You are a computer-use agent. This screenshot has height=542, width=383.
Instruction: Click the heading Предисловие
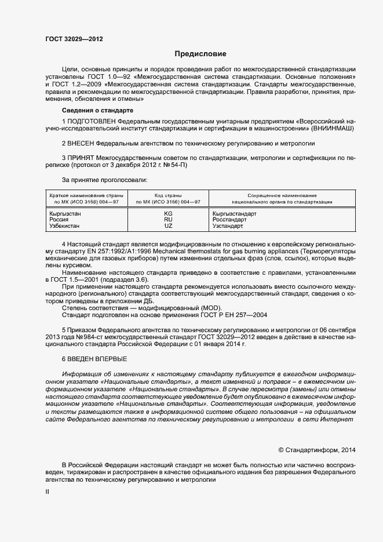click(200, 54)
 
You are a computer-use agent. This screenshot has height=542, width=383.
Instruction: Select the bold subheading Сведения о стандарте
click(98, 110)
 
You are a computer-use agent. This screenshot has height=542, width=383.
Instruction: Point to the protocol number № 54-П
click(174, 165)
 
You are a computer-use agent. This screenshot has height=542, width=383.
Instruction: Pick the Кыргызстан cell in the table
click(65, 213)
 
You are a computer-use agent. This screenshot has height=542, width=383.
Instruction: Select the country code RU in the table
click(168, 220)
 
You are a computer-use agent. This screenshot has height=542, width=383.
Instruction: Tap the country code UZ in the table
click(168, 225)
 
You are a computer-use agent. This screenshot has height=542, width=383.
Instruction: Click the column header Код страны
click(168, 196)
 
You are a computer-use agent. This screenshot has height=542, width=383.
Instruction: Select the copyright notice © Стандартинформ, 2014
click(317, 449)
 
